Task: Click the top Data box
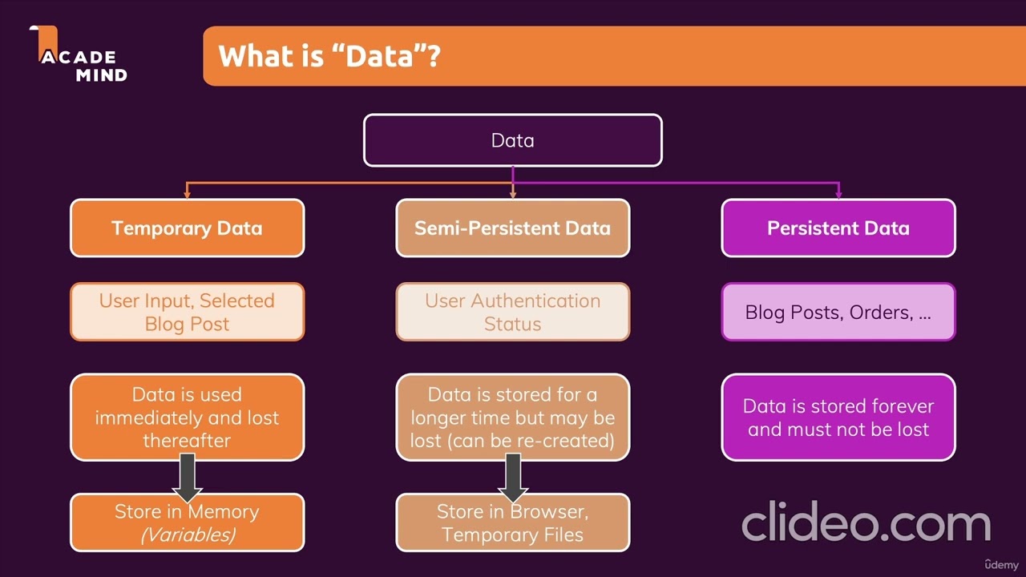[512, 140]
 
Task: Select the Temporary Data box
[187, 228]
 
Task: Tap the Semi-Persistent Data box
[512, 228]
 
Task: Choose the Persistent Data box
[838, 228]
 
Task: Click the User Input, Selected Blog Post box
[187, 312]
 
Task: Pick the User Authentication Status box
[512, 312]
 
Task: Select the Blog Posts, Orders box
[838, 312]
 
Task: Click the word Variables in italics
[188, 535]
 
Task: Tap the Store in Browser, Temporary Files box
[512, 523]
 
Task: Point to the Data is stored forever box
[838, 418]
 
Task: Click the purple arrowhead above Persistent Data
[838, 194]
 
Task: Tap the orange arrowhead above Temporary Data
[187, 194]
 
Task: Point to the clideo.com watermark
[866, 522]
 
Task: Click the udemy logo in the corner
[1002, 565]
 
